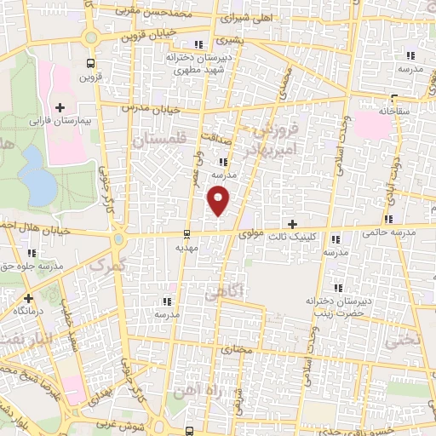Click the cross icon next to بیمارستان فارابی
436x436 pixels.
point(60,107)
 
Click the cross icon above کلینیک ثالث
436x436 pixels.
point(293,224)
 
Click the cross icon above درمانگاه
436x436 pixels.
point(29,298)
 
